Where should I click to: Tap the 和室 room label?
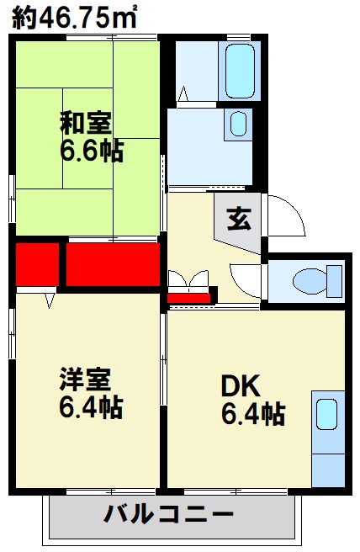(85, 123)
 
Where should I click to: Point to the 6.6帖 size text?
(91, 151)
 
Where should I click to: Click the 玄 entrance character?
(239, 219)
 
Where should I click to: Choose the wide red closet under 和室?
(113, 263)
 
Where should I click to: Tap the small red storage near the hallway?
(188, 296)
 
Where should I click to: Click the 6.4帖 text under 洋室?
(91, 408)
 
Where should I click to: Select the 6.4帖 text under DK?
(252, 413)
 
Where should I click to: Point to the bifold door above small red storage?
(187, 279)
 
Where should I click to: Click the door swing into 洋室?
(49, 298)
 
